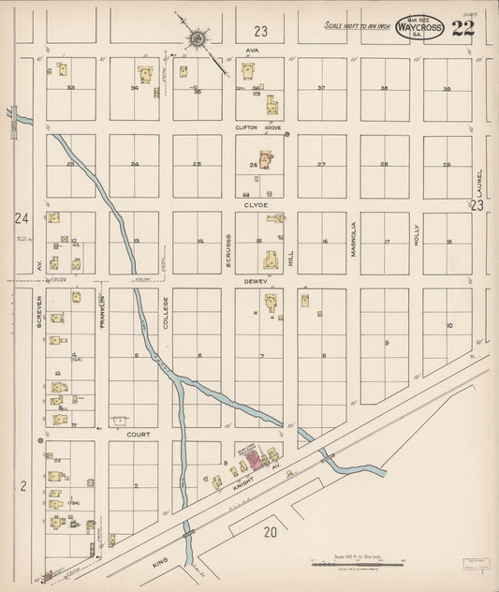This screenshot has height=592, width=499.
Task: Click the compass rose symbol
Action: (198, 39)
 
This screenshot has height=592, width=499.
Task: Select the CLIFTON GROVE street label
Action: (258, 127)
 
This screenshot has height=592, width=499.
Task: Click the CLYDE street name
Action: (256, 204)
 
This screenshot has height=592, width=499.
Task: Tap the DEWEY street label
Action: (257, 281)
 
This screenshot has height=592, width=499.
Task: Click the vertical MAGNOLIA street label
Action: (354, 239)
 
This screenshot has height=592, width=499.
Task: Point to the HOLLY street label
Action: (417, 235)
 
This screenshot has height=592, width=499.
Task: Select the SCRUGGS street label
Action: (227, 250)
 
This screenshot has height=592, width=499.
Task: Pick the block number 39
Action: (447, 89)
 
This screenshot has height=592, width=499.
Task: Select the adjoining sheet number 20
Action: (272, 532)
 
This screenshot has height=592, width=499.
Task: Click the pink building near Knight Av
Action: (252, 454)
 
